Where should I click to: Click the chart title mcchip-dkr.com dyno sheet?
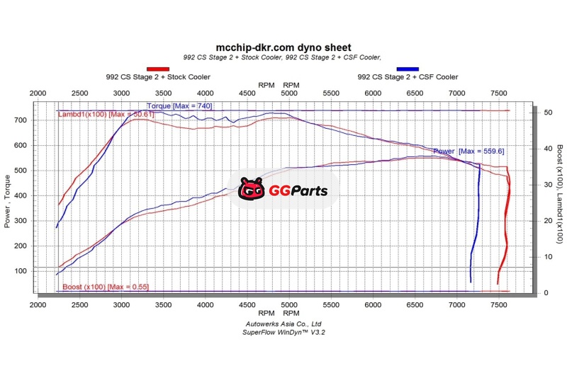[283, 47]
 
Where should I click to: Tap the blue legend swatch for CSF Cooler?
[408, 69]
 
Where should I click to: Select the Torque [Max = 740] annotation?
[179, 106]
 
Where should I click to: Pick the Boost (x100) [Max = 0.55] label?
[106, 287]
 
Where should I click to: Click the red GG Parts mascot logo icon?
[251, 190]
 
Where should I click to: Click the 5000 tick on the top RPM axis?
[289, 93]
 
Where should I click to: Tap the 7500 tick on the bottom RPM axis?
[499, 304]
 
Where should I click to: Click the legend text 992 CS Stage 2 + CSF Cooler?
[408, 77]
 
